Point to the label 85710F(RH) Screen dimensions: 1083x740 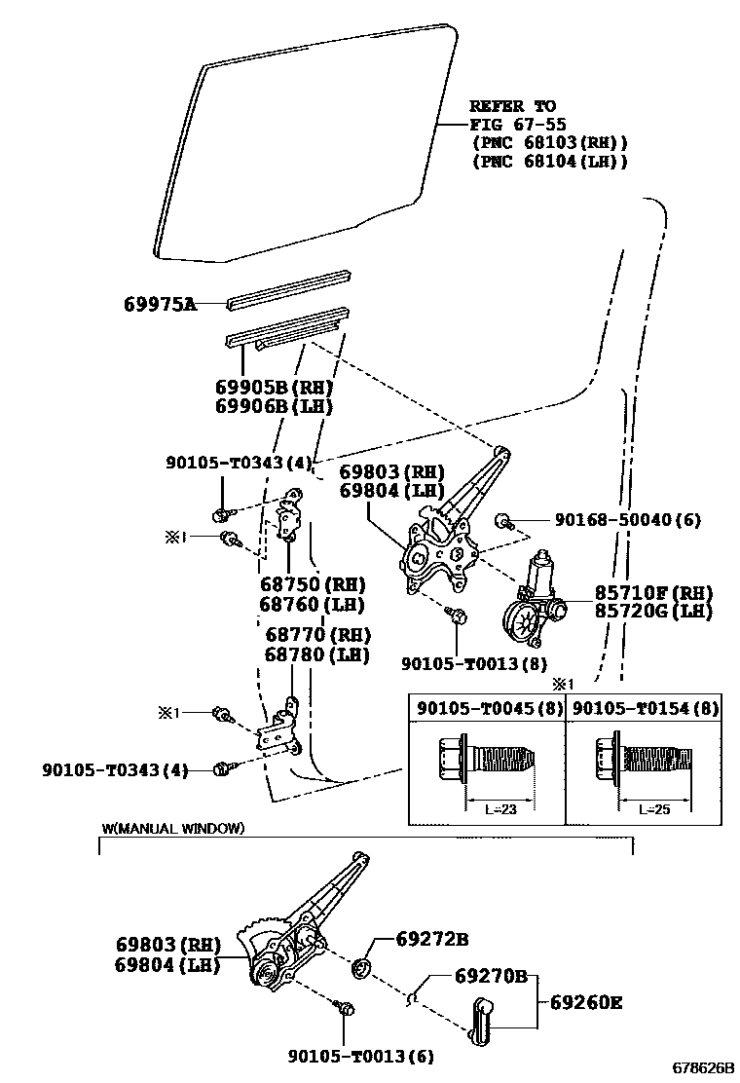point(653,593)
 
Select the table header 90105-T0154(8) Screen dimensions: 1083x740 point(645,708)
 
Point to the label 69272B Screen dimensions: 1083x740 point(432,940)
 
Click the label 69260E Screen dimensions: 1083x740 point(585,1001)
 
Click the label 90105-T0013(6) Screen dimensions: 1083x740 point(360,1056)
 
